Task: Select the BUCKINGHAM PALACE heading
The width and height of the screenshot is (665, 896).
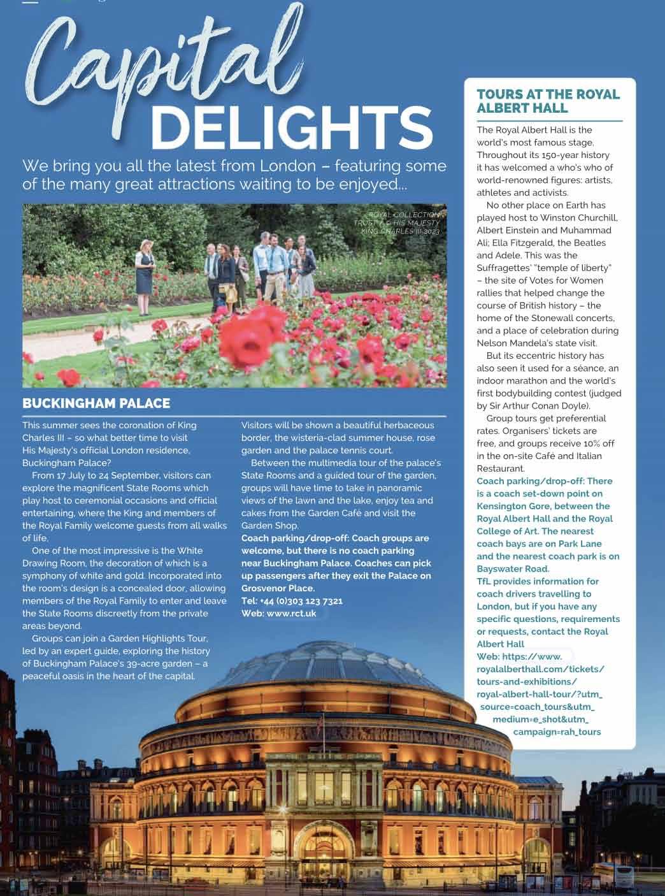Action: [96, 403]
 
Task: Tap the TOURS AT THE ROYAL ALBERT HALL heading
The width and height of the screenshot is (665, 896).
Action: [548, 101]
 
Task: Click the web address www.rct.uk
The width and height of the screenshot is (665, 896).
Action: [291, 614]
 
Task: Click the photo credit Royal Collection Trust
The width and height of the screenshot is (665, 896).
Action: [401, 219]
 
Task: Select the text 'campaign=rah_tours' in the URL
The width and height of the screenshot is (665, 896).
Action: [557, 732]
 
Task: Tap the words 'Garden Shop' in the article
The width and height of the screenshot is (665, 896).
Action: [269, 526]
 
